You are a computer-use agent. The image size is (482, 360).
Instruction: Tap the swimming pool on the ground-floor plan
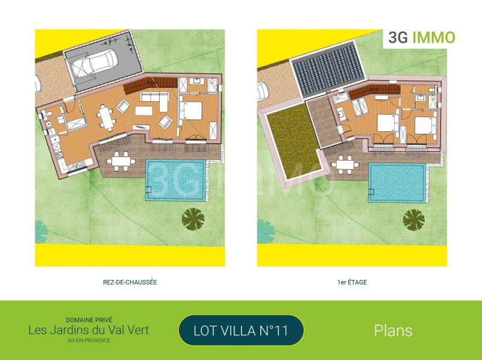[175, 180]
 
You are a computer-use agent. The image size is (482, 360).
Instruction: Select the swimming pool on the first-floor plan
[397, 183]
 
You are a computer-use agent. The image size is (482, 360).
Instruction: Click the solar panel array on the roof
[328, 69]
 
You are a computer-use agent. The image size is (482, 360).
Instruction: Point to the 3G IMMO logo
[421, 37]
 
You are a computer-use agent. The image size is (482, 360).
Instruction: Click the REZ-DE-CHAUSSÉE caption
[130, 282]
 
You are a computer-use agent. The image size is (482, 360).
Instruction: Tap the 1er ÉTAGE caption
[352, 282]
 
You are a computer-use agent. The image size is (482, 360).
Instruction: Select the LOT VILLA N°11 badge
[241, 331]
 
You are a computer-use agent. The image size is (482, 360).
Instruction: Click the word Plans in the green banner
[393, 331]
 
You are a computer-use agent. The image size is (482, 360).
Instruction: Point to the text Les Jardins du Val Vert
[89, 331]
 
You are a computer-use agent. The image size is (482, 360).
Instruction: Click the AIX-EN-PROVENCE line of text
[89, 340]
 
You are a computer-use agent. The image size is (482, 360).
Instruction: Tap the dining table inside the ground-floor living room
[107, 118]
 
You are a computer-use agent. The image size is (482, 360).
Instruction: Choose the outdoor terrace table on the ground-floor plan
[121, 161]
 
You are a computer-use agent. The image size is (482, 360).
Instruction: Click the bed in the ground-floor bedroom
[191, 111]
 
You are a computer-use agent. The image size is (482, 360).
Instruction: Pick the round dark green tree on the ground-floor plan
[193, 219]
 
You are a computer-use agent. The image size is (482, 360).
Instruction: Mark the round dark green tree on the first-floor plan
[414, 220]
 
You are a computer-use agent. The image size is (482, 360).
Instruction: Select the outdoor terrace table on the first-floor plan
[345, 164]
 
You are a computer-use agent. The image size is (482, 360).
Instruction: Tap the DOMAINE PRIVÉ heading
[89, 320]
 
